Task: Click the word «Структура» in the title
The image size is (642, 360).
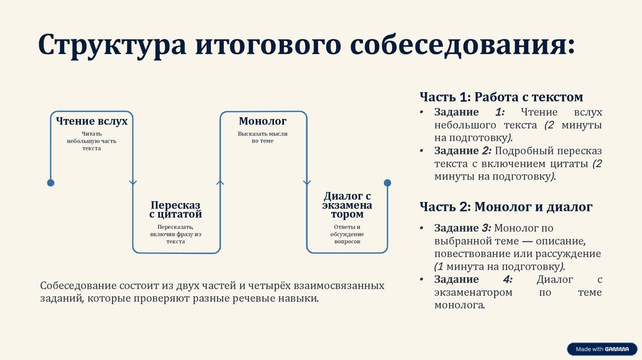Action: click(x=110, y=47)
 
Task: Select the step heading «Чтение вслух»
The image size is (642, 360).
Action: click(x=92, y=121)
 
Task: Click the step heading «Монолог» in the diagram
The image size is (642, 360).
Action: click(x=263, y=121)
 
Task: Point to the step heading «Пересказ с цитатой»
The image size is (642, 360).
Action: click(x=176, y=210)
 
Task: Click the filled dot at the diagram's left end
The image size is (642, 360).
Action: click(x=51, y=183)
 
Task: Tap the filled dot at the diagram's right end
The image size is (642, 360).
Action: click(x=387, y=183)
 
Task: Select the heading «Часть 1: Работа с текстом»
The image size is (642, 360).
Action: click(x=501, y=97)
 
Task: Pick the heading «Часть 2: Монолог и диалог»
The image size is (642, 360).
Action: click(x=506, y=206)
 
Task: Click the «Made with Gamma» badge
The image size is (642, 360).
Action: click(x=601, y=349)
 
